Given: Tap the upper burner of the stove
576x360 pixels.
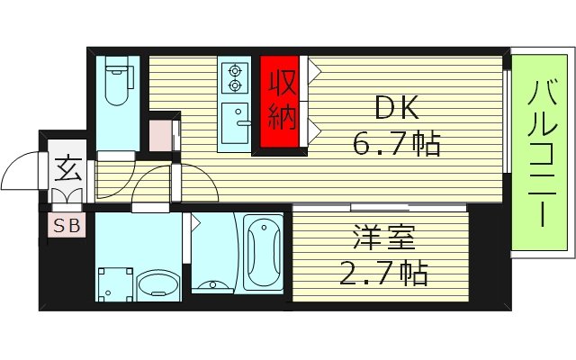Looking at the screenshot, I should [236, 69].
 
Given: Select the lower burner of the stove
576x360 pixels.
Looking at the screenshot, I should [236, 85].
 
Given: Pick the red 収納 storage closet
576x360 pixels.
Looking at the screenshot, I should [282, 103].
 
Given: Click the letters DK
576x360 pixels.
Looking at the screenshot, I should [396, 108].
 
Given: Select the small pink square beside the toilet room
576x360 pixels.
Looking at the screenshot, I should [161, 133].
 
